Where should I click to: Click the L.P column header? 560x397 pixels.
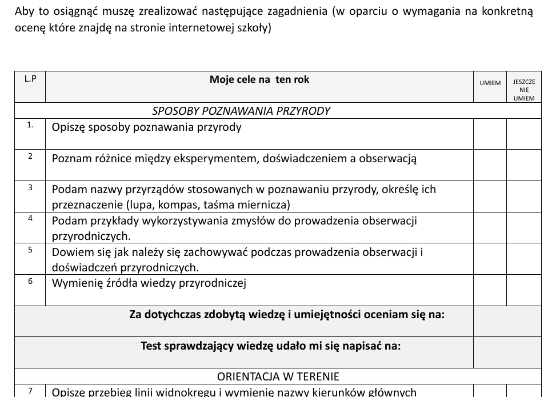tap(30, 79)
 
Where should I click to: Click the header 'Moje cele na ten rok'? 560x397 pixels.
tap(259, 80)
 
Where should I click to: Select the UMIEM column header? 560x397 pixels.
tap(490, 83)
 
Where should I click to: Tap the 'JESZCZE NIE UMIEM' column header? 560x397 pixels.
tap(524, 90)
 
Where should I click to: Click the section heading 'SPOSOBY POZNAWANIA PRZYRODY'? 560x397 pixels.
tap(241, 111)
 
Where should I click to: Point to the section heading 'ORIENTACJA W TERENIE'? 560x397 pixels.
tap(278, 376)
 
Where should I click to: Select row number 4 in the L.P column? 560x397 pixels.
tap(30, 218)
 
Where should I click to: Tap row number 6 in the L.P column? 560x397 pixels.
tap(30, 281)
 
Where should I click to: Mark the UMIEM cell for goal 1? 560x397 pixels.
tap(490, 134)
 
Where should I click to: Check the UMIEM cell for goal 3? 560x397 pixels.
tap(490, 197)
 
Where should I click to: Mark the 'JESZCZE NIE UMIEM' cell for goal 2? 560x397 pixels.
tap(524, 165)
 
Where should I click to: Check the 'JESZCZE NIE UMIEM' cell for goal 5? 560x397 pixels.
tap(524, 259)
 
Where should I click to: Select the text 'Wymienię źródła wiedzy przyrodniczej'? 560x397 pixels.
tap(149, 283)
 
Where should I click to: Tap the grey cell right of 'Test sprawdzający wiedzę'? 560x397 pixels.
tap(507, 352)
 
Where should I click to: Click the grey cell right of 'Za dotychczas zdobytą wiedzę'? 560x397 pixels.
tap(507, 321)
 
